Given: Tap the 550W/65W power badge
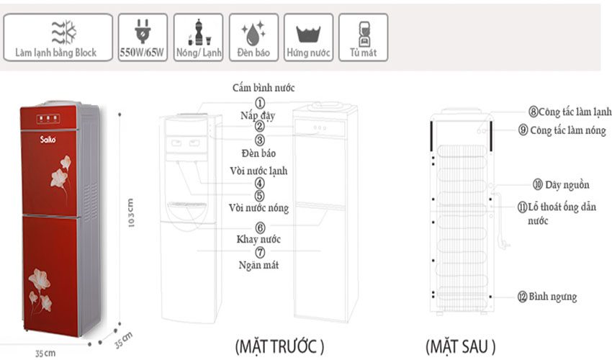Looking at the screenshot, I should [x=143, y=37].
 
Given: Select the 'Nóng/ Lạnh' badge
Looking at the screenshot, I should [x=199, y=37].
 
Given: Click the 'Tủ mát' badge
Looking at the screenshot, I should [x=363, y=37].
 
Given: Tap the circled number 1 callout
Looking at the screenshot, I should [x=260, y=103].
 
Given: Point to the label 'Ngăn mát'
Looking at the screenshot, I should [x=259, y=266].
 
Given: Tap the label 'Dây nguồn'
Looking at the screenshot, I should [x=564, y=184].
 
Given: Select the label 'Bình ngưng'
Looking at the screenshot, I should [x=552, y=297].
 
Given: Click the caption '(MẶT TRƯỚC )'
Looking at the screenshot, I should [x=280, y=346].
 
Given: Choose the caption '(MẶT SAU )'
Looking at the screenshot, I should [x=460, y=346].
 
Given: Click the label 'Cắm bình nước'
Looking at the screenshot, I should [x=264, y=88].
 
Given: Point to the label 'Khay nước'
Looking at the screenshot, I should [x=258, y=239].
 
